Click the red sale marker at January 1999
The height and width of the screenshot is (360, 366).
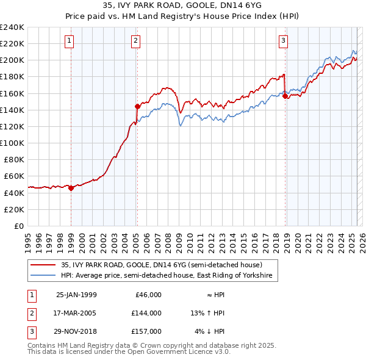(71, 188)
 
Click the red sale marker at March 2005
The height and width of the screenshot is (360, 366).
(137, 106)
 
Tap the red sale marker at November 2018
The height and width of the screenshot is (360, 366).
(285, 96)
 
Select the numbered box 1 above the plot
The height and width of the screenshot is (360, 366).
(69, 41)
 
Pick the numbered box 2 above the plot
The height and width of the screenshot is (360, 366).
(135, 41)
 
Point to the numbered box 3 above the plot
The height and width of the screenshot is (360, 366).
(284, 41)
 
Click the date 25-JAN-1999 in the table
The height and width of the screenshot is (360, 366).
(76, 295)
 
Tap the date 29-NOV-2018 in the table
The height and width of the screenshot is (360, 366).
(76, 331)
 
